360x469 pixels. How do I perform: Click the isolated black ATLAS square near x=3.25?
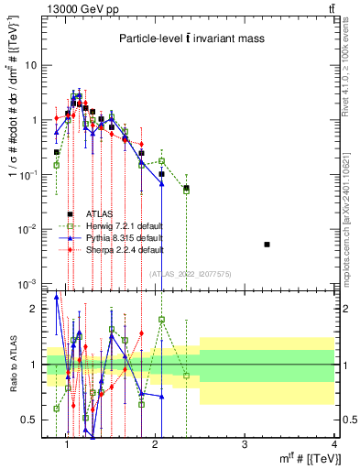267,245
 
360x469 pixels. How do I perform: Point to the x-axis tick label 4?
333,445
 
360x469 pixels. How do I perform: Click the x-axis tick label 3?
245,445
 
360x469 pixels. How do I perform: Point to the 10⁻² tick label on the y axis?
30,229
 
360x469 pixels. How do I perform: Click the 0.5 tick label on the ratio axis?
30,420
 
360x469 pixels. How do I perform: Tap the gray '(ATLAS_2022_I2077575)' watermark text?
191,273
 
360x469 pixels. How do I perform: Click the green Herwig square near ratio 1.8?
161,320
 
